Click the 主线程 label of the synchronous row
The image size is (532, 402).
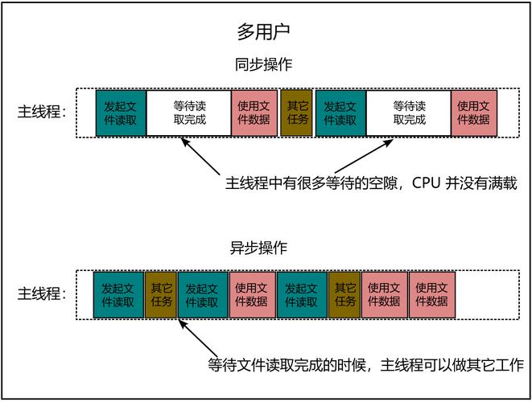[x=43, y=113]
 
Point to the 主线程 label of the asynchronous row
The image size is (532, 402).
[x=43, y=294]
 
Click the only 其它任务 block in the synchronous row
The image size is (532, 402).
[x=297, y=113]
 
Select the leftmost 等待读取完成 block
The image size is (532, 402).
[x=189, y=113]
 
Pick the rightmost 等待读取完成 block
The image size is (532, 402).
[x=409, y=113]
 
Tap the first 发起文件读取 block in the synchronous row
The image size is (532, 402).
[x=121, y=113]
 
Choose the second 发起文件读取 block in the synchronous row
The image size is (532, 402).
[x=340, y=113]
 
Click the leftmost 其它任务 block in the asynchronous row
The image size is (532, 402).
[x=161, y=294]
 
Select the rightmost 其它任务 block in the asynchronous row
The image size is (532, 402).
[x=345, y=294]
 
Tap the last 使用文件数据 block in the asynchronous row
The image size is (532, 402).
[x=432, y=294]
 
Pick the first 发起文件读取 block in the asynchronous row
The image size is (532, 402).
[x=118, y=294]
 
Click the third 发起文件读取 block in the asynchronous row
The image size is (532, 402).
[x=302, y=294]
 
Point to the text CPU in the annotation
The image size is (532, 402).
[x=427, y=184]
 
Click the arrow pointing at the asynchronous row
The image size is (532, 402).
[x=193, y=338]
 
